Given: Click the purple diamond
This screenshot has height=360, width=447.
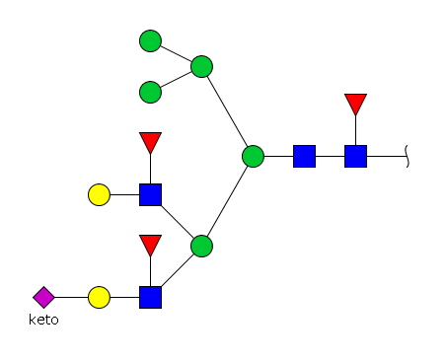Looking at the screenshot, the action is (43, 297).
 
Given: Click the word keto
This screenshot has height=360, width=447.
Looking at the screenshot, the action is (43, 320).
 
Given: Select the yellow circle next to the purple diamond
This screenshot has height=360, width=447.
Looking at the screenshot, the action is (99, 297).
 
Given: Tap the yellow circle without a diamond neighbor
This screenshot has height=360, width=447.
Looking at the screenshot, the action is (99, 194).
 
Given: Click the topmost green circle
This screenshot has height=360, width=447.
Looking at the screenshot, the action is (150, 40).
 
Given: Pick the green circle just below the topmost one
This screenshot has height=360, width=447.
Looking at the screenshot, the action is (150, 92).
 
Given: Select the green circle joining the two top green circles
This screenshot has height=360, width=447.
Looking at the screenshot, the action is (201, 66).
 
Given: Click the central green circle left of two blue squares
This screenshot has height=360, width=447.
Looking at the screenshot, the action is (253, 156).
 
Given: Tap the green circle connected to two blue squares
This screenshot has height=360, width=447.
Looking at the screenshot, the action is (201, 246).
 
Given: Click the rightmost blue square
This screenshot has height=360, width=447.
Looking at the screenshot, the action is (355, 156).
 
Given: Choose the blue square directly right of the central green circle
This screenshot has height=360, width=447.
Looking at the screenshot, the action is (304, 156).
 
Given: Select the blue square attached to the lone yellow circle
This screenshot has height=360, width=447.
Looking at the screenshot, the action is (150, 194).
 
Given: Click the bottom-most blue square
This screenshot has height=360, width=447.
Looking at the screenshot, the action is (150, 297).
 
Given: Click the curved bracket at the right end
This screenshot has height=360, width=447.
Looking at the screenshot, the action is (407, 156).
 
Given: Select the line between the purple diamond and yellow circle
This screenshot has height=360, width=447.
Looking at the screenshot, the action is (71, 297).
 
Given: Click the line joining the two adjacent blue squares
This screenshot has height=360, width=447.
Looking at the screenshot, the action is (330, 156).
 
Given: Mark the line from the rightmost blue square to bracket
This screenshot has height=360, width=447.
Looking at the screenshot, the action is (387, 156).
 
